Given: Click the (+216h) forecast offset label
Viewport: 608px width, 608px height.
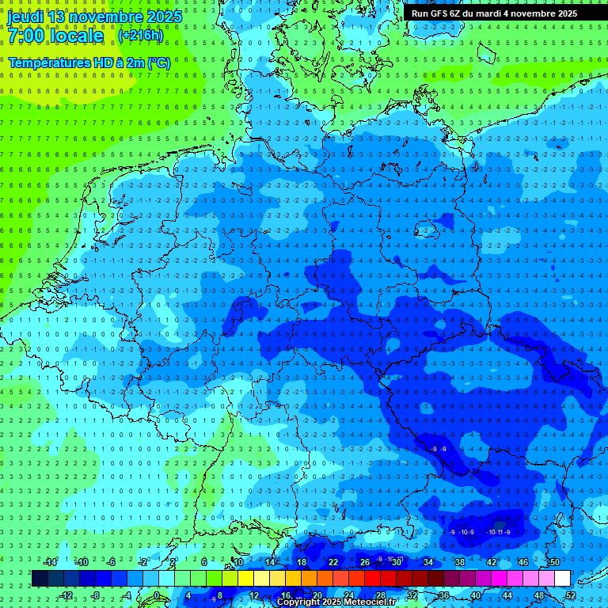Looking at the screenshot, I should (140, 36).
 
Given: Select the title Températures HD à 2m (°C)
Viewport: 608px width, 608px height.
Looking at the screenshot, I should (89, 63).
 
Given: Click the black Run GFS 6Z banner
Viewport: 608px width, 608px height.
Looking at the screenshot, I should (494, 13).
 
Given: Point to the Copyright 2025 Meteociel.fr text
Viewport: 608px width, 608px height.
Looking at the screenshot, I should (336, 602).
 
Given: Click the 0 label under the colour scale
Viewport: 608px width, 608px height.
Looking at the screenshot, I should (157, 595).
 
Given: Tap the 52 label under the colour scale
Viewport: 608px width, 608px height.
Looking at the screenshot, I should (571, 595).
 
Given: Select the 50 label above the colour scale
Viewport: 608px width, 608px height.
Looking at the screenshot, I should (554, 562).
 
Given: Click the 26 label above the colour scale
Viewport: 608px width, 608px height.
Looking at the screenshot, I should (364, 562).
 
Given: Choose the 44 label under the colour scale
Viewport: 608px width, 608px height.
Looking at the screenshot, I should (507, 595).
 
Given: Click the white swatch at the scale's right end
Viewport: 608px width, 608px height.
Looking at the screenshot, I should (562, 578).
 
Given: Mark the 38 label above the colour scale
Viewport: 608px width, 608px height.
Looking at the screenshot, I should (459, 562).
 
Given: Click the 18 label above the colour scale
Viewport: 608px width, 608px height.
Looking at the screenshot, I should (301, 562).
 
